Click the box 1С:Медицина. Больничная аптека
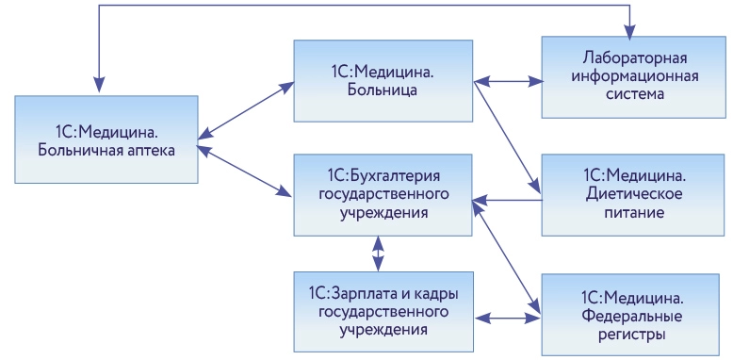tap(106, 139)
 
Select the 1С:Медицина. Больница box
tap(383, 81)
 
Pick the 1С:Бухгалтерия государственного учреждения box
tap(383, 195)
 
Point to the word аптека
tap(148, 149)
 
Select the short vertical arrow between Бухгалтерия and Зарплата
tap(377, 252)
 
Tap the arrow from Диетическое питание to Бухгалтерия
tap(509, 200)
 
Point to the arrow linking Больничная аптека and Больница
tap(247, 110)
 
